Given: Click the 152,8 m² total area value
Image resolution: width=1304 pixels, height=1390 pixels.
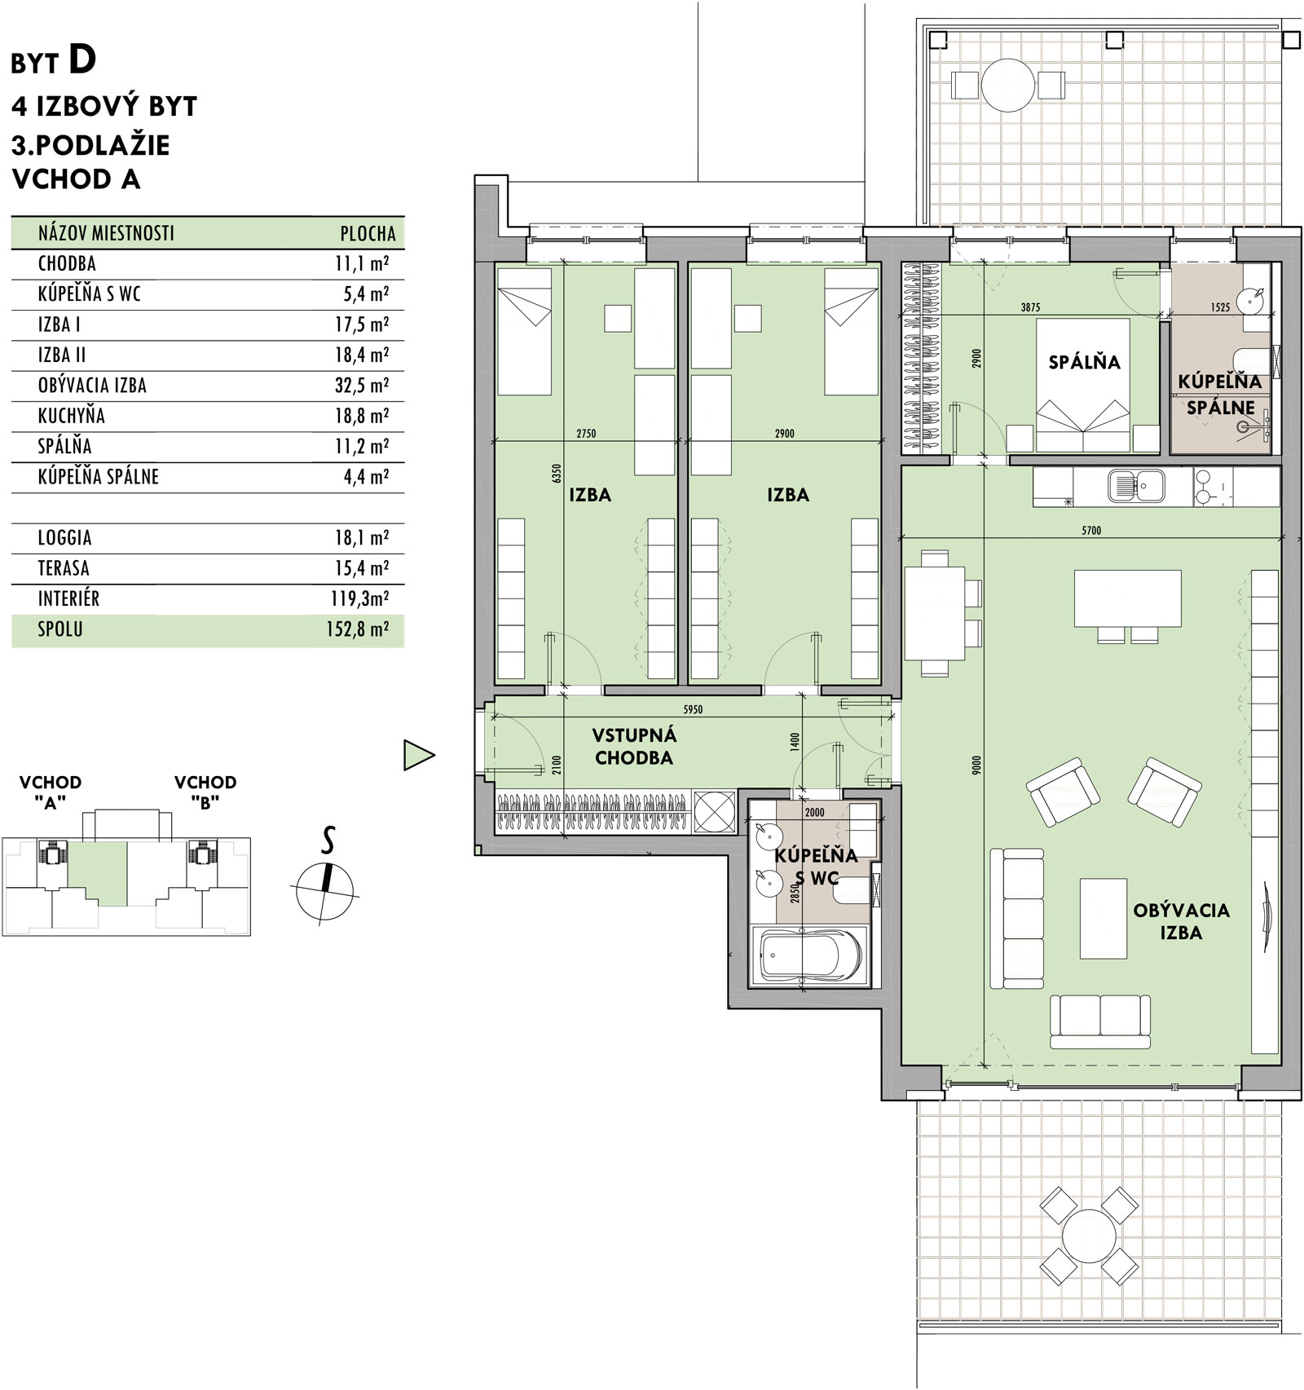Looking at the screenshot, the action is pos(362,629).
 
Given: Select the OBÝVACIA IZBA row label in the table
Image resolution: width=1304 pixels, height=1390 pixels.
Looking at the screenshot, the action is pos(92,385).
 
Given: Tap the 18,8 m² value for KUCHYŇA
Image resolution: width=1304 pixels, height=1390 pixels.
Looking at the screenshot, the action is pos(362,416).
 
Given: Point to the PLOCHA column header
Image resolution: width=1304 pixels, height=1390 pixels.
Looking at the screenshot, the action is pos(368,233).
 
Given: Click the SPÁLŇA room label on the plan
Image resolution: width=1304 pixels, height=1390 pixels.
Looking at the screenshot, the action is pos(1084,362).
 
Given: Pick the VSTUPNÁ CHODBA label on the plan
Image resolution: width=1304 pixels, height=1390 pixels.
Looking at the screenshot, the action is pos(634,747).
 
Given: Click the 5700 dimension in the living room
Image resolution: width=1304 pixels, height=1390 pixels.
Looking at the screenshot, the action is pos(1090,530).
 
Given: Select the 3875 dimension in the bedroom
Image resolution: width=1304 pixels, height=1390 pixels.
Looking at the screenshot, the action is pos(1030,308).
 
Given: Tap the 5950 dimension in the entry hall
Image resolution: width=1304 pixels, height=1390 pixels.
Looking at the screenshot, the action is pos(692,709).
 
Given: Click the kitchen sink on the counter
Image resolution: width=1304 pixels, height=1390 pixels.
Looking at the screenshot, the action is pos(1137,487).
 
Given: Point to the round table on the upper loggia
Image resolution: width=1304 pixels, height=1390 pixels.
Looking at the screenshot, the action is pos(1008,84).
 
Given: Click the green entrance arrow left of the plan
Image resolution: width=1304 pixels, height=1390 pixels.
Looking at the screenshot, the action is pos(418,755).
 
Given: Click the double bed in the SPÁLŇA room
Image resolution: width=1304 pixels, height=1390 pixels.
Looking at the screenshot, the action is pos(1083,385).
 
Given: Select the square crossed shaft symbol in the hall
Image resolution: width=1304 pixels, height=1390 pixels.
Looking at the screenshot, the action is pos(714,812).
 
